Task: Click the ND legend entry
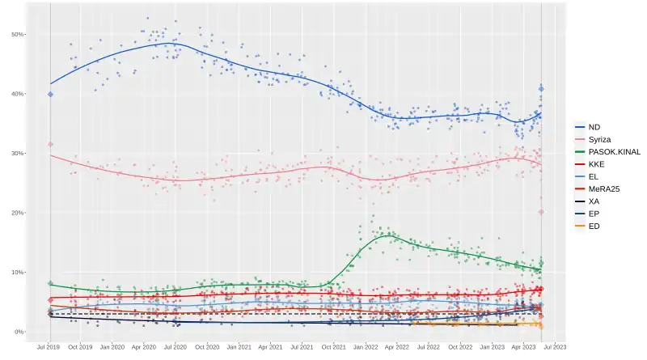click(x=594, y=127)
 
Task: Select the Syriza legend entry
click(x=597, y=139)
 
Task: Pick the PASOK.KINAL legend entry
click(x=610, y=151)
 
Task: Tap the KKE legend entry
click(x=595, y=163)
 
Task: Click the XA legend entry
click(x=594, y=201)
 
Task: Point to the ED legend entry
click(x=594, y=226)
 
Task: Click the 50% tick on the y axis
click(x=18, y=35)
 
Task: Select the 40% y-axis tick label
click(x=18, y=94)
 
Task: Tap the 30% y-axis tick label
click(x=18, y=154)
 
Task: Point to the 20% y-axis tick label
click(x=18, y=213)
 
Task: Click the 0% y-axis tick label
click(x=19, y=332)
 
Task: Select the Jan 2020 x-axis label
click(x=112, y=347)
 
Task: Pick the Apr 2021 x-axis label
click(x=270, y=347)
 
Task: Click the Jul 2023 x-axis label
click(x=555, y=347)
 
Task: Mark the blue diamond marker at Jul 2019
click(x=50, y=94)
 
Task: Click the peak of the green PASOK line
click(x=389, y=235)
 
